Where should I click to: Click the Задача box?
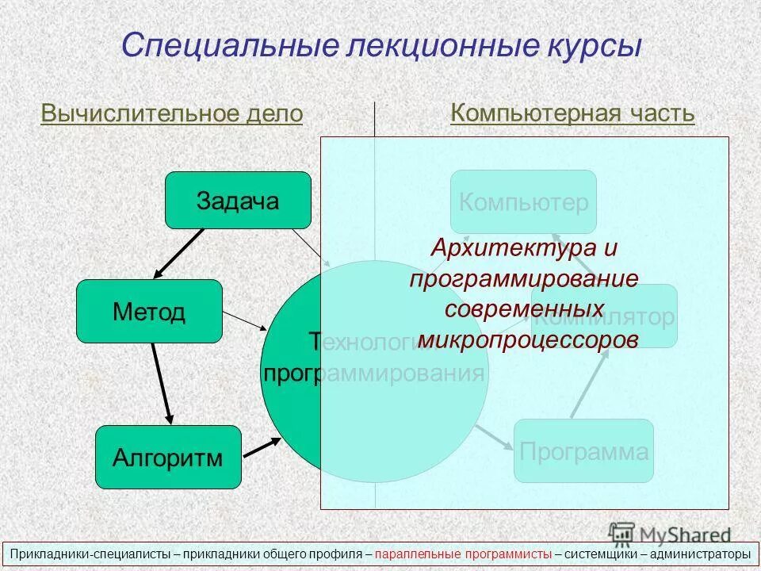[238, 200]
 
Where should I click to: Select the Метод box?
[149, 311]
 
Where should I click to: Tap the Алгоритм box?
[167, 457]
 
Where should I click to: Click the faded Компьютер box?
[523, 202]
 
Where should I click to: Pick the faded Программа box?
[583, 451]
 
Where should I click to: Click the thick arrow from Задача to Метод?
[179, 253]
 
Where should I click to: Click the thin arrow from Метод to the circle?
[245, 321]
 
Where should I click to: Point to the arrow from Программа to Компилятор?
[590, 383]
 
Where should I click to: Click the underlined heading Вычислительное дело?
[172, 113]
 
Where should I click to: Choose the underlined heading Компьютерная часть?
[572, 113]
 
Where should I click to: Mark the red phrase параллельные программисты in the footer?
[464, 554]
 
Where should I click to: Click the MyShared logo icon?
[623, 533]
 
